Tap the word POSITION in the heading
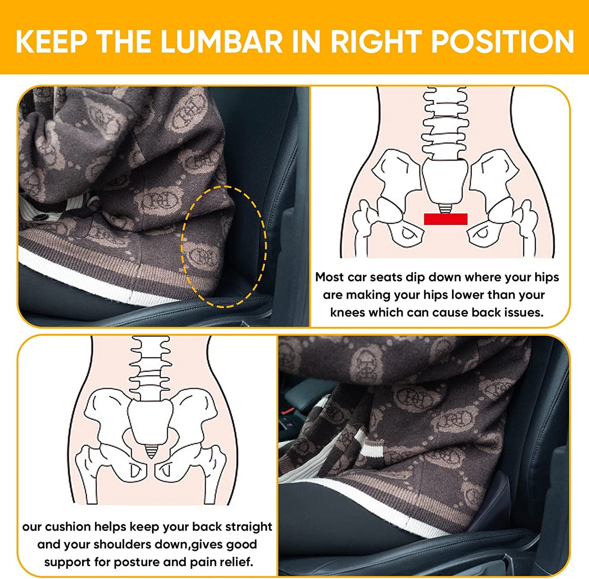[x=503, y=42]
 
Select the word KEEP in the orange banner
[x=51, y=42]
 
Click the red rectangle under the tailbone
[x=446, y=219]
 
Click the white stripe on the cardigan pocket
[x=369, y=452]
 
